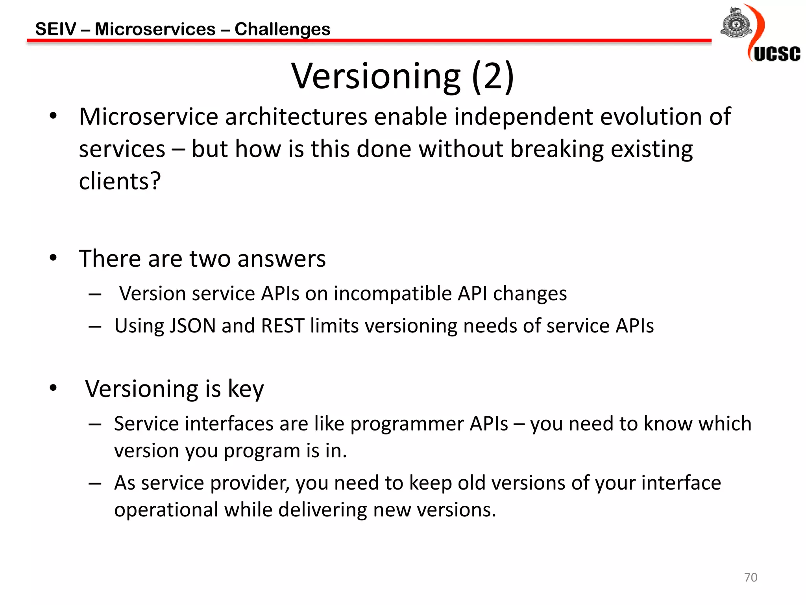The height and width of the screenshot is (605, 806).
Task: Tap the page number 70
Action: coord(751,577)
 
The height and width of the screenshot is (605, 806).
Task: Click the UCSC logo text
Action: coord(776,54)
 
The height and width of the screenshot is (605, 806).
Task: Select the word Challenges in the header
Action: coord(282,30)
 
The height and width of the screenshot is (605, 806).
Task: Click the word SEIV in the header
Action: coord(55,29)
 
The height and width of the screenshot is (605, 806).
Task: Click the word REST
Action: coord(283,326)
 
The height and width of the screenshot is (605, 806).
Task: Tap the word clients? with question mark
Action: coord(120,181)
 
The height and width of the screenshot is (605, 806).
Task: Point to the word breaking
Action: coord(557,150)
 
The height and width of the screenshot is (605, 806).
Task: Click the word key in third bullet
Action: coord(246,390)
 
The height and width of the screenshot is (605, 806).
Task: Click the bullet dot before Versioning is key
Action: coord(53,388)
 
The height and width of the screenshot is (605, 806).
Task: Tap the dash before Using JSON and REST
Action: coord(95,327)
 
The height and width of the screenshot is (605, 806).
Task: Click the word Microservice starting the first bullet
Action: coord(149,117)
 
